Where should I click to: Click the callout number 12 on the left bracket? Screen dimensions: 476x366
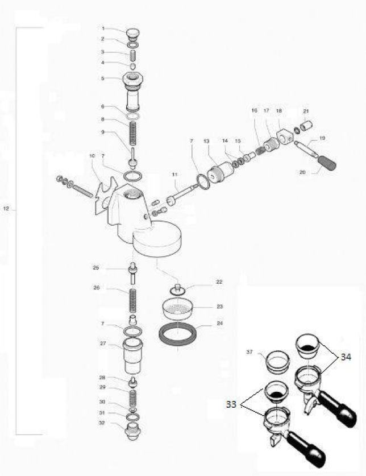tap(6, 209)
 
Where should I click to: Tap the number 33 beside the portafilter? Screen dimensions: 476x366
tap(231, 404)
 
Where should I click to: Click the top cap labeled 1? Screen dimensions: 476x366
tap(132, 31)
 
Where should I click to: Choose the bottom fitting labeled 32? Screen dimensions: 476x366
tap(132, 428)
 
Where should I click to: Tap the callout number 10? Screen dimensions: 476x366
tap(92, 155)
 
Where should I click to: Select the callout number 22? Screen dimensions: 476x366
tap(203, 282)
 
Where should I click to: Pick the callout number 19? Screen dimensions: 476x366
tap(322, 138)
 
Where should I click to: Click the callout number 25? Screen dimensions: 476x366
tap(96, 267)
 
